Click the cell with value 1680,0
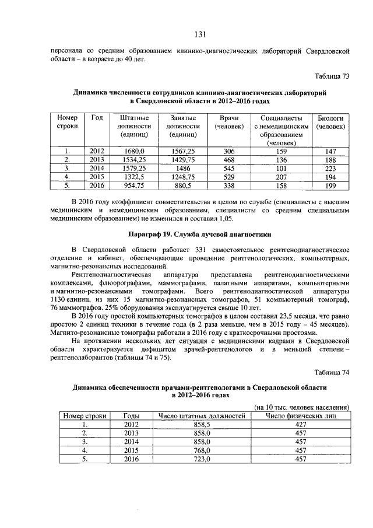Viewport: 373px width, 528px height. [135, 151]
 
